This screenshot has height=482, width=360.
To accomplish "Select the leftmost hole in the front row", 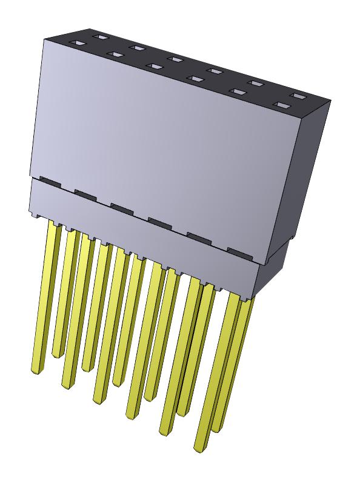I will pos(78,44).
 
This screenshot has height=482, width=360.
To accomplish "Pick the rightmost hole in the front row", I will pos(279,105).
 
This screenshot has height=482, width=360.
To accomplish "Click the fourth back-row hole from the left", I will pos(214,71).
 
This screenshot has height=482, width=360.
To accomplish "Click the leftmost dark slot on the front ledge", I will pos(48,180).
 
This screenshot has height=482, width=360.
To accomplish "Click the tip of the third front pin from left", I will pos(98,399).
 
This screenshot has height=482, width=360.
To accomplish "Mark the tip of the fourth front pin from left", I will pos(130,415).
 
